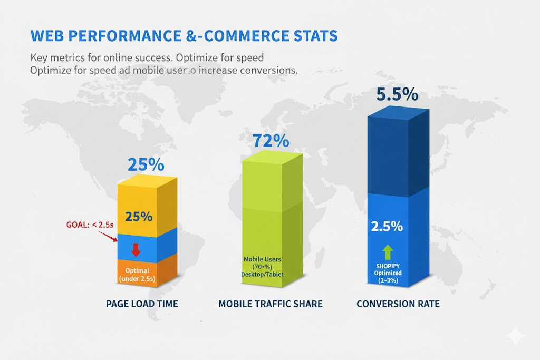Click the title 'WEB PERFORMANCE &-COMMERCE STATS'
pyautogui.click(x=184, y=36)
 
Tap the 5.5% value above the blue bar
pyautogui.click(x=397, y=94)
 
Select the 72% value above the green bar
pyautogui.click(x=271, y=141)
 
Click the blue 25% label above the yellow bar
pyautogui.click(x=146, y=164)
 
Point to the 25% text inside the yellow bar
pyautogui.click(x=139, y=216)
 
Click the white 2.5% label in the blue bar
pyautogui.click(x=387, y=226)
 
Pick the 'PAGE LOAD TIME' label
pyautogui.click(x=142, y=304)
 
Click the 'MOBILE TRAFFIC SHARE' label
pyautogui.click(x=270, y=304)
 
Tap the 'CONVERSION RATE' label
pyautogui.click(x=398, y=304)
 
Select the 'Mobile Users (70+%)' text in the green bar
pyautogui.click(x=262, y=263)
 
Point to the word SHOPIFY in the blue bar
pyautogui.click(x=388, y=265)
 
